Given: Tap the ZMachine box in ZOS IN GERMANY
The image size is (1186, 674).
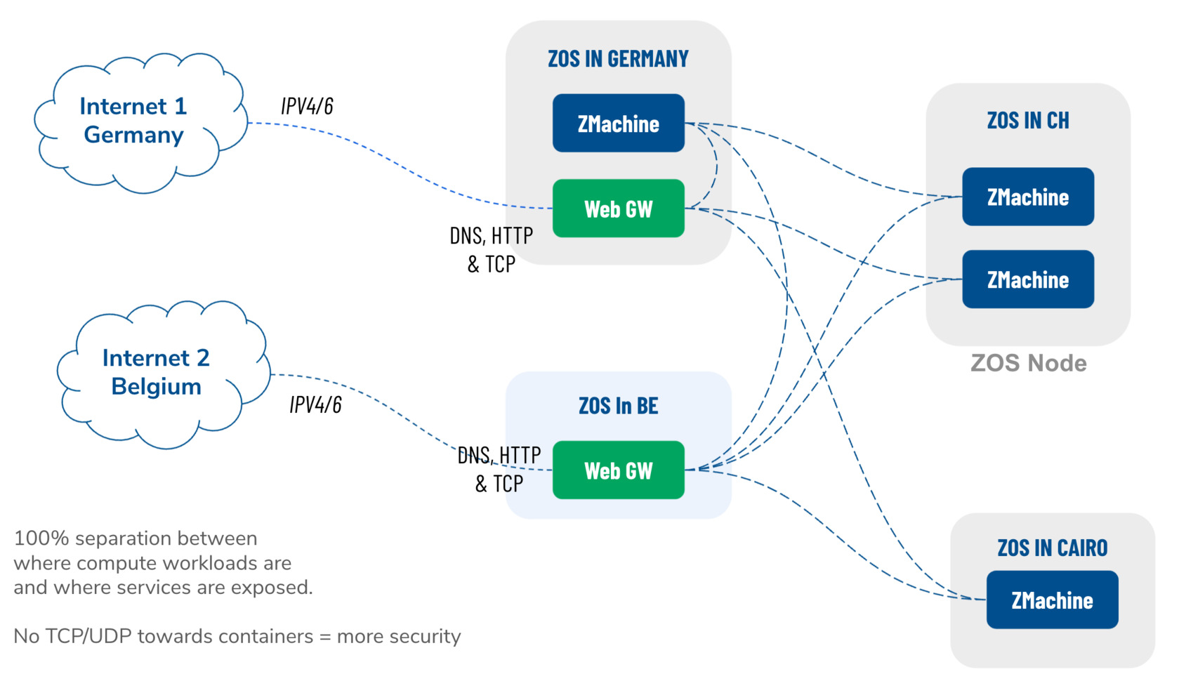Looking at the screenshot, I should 618,124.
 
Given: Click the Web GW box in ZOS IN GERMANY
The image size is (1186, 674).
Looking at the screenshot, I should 618,209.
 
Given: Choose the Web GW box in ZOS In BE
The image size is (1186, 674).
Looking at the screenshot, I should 618,470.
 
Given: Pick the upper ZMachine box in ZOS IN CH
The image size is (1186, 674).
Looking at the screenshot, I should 1027,197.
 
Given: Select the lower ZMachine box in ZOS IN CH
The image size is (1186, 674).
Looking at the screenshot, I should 1027,279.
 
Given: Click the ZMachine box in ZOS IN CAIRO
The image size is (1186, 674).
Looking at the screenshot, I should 1052,600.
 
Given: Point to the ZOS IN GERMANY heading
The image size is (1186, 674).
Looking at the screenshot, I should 618,59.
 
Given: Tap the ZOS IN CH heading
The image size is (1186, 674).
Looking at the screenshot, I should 1028,121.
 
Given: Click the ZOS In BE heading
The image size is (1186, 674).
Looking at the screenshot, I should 618,406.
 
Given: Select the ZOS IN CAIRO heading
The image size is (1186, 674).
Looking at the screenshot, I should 1052,548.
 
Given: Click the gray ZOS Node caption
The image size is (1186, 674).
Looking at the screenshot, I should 1028,364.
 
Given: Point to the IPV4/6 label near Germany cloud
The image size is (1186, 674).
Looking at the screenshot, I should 307,106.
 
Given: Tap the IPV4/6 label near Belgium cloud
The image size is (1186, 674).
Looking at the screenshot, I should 315,405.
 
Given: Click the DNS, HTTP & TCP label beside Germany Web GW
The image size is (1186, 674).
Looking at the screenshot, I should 491,249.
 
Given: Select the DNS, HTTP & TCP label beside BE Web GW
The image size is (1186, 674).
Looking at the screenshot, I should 499,469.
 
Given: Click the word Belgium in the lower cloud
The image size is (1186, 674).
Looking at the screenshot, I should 156,387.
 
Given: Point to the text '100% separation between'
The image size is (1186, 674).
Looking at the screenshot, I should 136,538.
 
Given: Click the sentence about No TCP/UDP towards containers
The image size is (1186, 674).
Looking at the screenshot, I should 237,637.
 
